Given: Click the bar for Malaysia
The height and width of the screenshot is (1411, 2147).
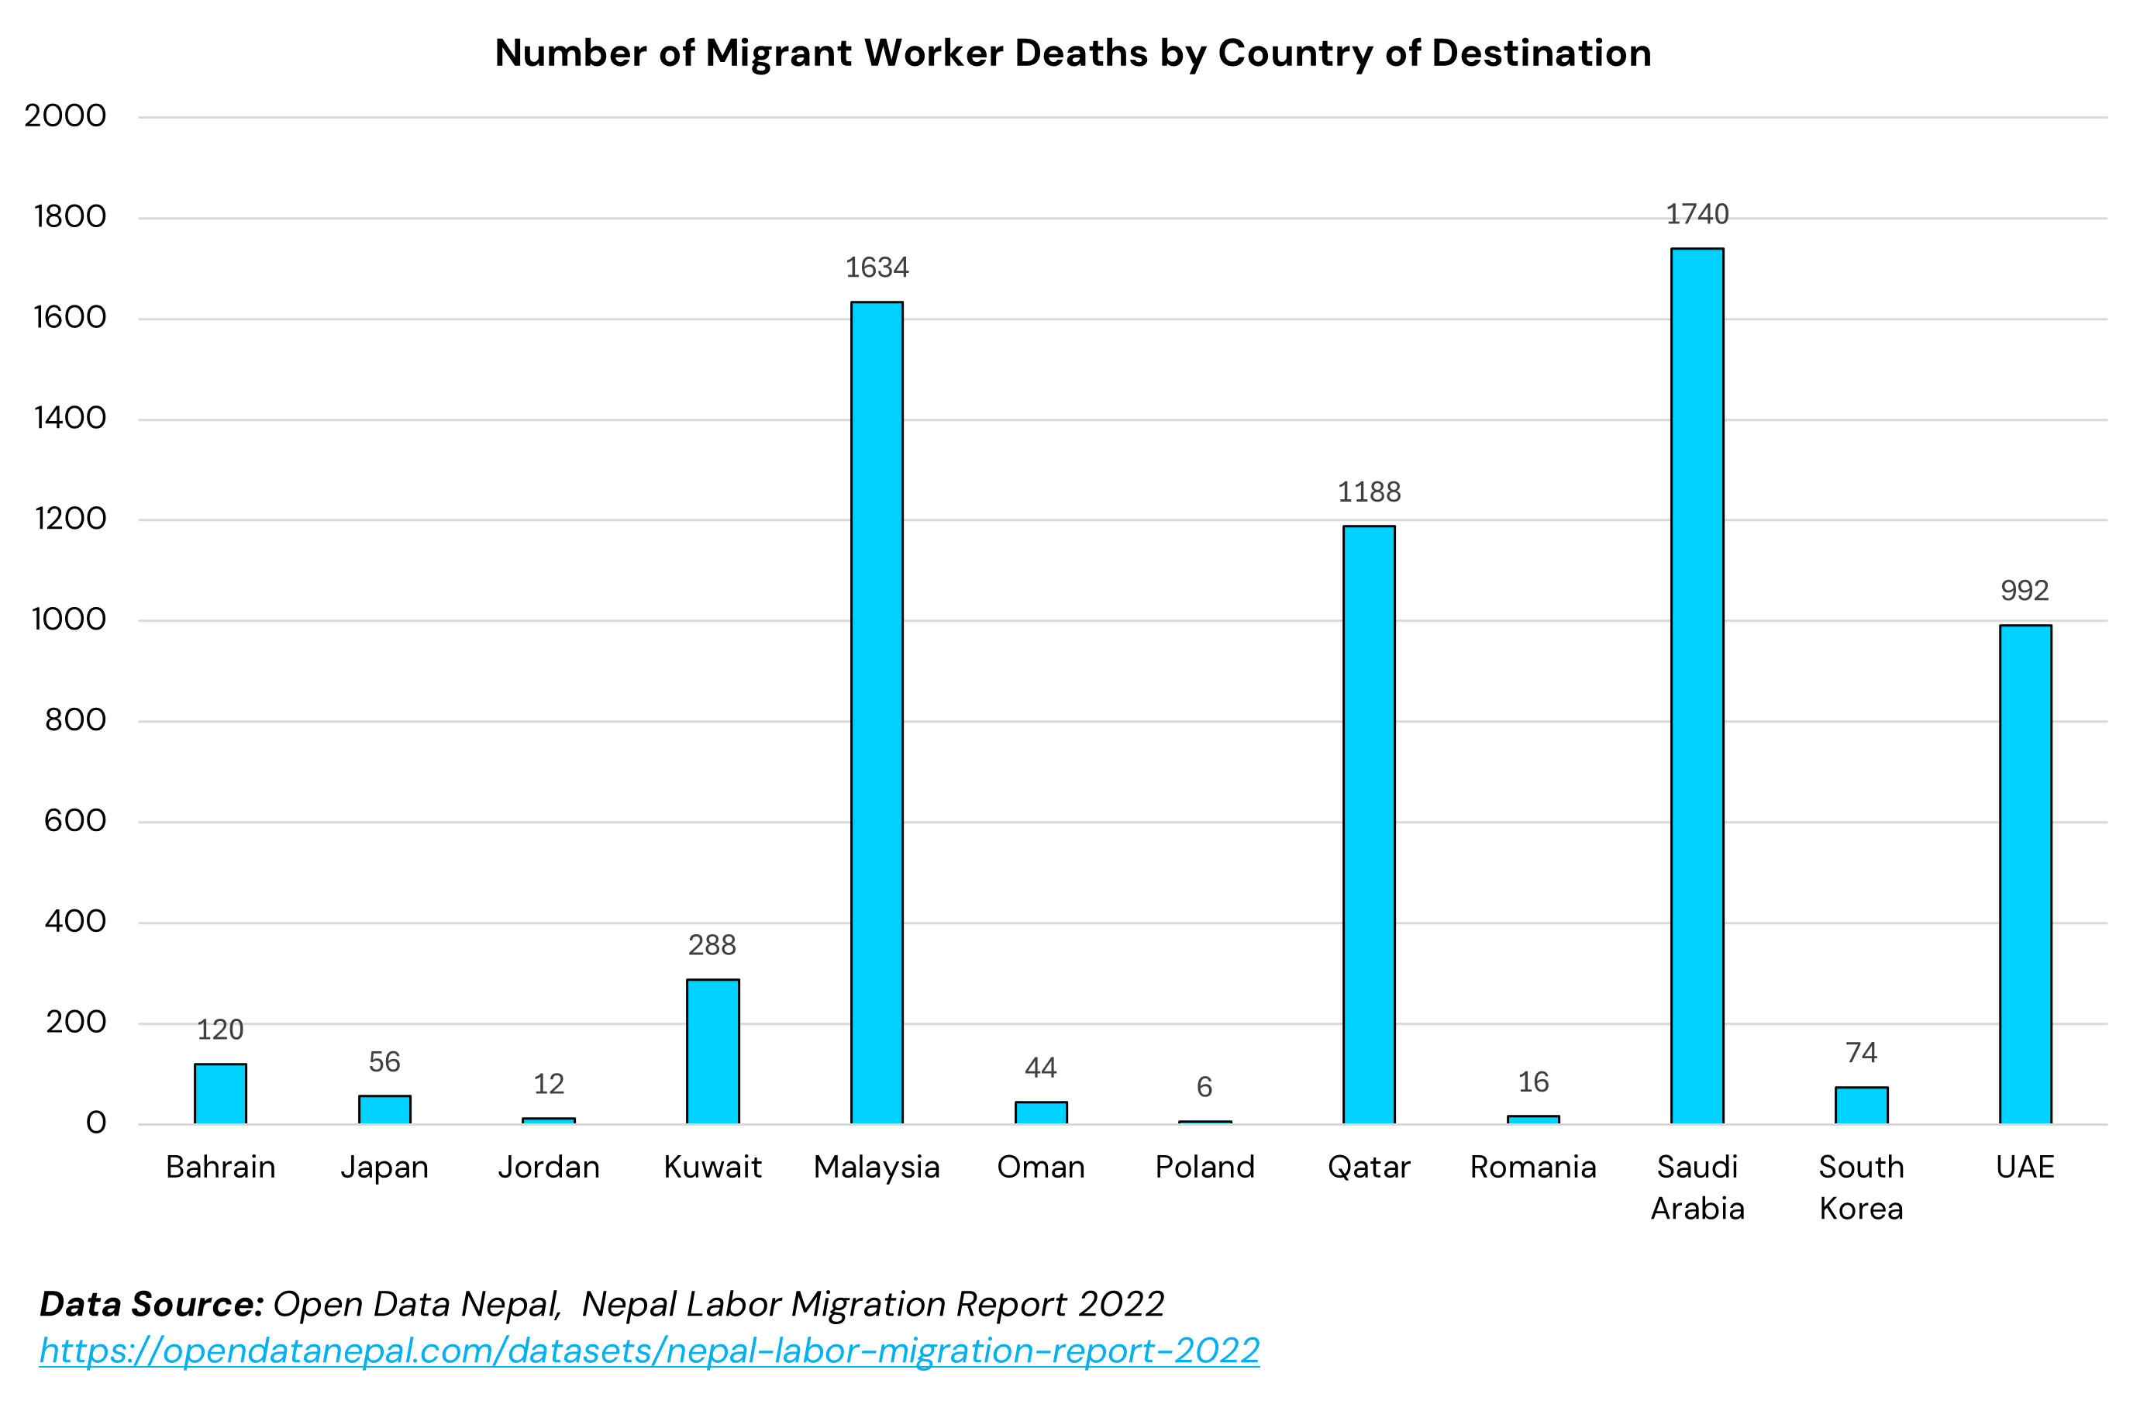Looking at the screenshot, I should (877, 712).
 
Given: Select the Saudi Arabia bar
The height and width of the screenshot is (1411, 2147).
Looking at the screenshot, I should (1697, 685).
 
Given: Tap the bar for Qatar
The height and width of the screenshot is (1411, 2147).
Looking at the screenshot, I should (1369, 825).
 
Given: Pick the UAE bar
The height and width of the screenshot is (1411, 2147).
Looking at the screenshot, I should (2025, 875).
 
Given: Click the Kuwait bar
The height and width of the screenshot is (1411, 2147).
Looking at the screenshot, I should (712, 1052).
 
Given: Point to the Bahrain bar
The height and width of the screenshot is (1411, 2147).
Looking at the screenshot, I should (220, 1093).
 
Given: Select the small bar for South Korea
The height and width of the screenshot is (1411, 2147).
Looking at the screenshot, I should (1861, 1106).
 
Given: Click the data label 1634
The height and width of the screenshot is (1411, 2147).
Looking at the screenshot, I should (877, 268).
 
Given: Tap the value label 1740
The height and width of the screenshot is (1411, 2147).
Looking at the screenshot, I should (1697, 215).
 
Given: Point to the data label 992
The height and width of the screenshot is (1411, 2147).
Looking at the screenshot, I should (2025, 591).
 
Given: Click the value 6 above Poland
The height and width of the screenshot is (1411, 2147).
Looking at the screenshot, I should (1204, 1087).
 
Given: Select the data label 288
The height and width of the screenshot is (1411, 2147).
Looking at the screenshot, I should (712, 946).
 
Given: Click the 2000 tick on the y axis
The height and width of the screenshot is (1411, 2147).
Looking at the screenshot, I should (65, 116).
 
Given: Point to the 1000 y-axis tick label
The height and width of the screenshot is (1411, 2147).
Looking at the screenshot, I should (68, 619).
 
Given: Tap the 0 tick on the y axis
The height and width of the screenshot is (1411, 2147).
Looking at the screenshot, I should (95, 1123).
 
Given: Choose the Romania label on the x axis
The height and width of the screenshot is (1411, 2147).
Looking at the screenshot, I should (1532, 1168).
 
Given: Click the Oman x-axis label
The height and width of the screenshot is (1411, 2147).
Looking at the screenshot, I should (1041, 1168).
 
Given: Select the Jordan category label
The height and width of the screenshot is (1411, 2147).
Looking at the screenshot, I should (549, 1168).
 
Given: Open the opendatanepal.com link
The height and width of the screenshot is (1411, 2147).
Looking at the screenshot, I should (650, 1351).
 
